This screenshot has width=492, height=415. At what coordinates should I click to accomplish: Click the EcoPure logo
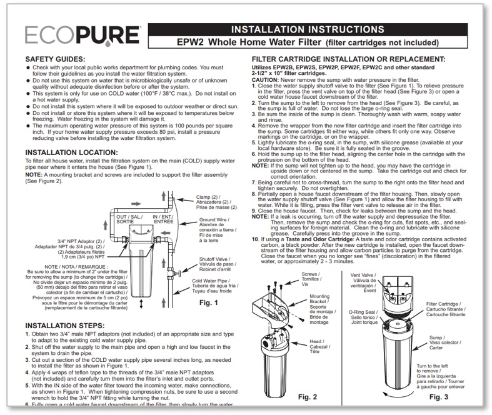click(x=82, y=36)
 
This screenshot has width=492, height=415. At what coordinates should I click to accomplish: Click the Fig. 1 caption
click(x=209, y=303)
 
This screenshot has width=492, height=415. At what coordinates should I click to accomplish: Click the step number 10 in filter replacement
click(x=255, y=239)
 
